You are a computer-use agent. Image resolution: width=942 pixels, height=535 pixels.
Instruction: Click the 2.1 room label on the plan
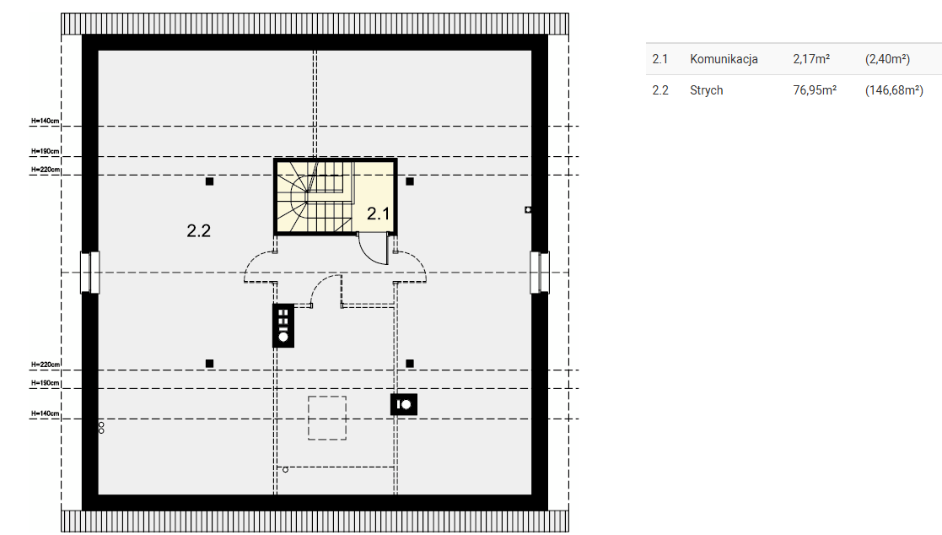point(378,213)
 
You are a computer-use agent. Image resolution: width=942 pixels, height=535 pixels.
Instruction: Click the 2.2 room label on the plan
point(198,231)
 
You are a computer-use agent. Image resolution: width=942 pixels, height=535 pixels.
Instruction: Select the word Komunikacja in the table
point(724,59)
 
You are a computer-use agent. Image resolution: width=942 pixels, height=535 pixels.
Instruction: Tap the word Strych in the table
point(706,90)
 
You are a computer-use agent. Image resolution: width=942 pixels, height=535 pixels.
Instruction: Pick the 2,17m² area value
point(811,59)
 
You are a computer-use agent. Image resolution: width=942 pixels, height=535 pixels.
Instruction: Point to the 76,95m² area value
point(815,90)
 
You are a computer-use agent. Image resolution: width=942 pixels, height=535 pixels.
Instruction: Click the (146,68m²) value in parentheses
point(894,90)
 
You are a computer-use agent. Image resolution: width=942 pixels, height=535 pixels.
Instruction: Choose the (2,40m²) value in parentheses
point(887,59)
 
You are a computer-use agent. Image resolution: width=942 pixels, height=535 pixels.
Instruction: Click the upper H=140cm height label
point(45,121)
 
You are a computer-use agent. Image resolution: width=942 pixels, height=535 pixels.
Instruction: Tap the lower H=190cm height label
point(45,383)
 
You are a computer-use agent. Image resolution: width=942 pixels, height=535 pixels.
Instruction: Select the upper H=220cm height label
point(45,170)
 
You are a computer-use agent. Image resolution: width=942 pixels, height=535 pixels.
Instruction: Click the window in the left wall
point(90,273)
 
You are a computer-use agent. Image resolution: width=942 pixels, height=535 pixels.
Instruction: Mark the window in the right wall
point(540,273)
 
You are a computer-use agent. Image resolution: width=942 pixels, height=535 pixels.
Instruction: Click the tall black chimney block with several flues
point(283,326)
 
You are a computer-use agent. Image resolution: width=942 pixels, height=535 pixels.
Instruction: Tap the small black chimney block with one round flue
point(404,404)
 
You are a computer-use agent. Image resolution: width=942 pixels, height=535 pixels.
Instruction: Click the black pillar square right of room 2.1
point(410,181)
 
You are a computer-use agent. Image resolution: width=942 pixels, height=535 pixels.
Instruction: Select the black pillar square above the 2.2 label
point(210,181)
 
